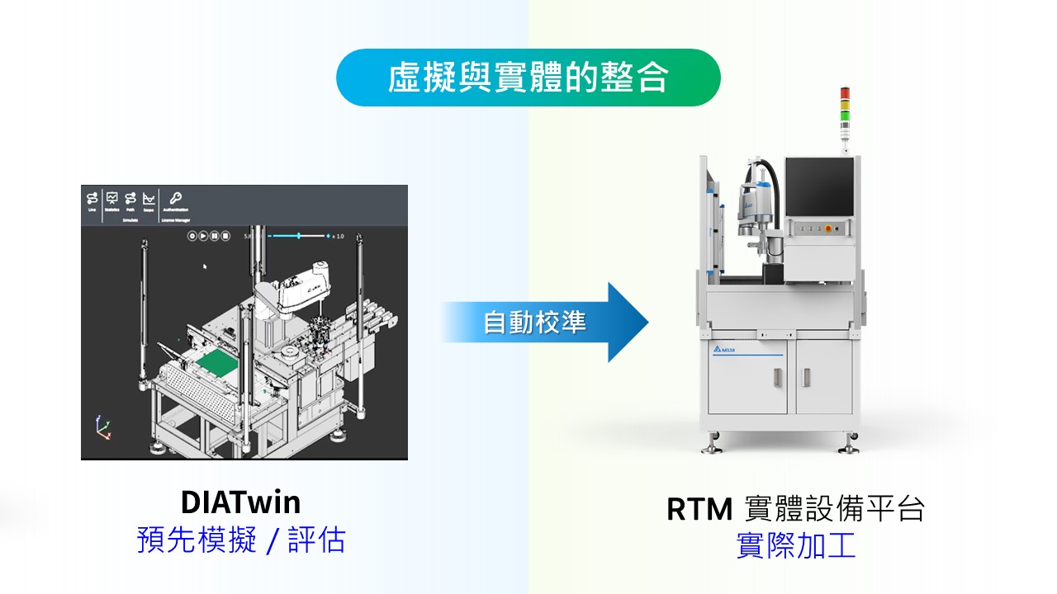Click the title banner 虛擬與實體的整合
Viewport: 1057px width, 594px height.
(x=528, y=78)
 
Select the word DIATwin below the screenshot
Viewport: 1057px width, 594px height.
(x=240, y=502)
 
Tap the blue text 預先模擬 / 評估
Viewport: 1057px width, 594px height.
(x=240, y=540)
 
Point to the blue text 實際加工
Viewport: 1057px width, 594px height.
(x=795, y=546)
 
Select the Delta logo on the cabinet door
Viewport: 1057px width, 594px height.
(x=723, y=351)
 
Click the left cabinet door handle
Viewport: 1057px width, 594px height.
(x=776, y=377)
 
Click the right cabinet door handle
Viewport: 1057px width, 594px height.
(x=804, y=377)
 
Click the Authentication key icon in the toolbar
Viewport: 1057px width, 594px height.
(x=175, y=198)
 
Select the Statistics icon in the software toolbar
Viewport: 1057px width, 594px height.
(x=112, y=198)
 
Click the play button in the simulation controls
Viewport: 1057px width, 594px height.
(x=203, y=236)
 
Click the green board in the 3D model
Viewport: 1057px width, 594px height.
(x=216, y=364)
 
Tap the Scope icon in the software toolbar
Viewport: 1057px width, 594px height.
(x=149, y=198)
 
